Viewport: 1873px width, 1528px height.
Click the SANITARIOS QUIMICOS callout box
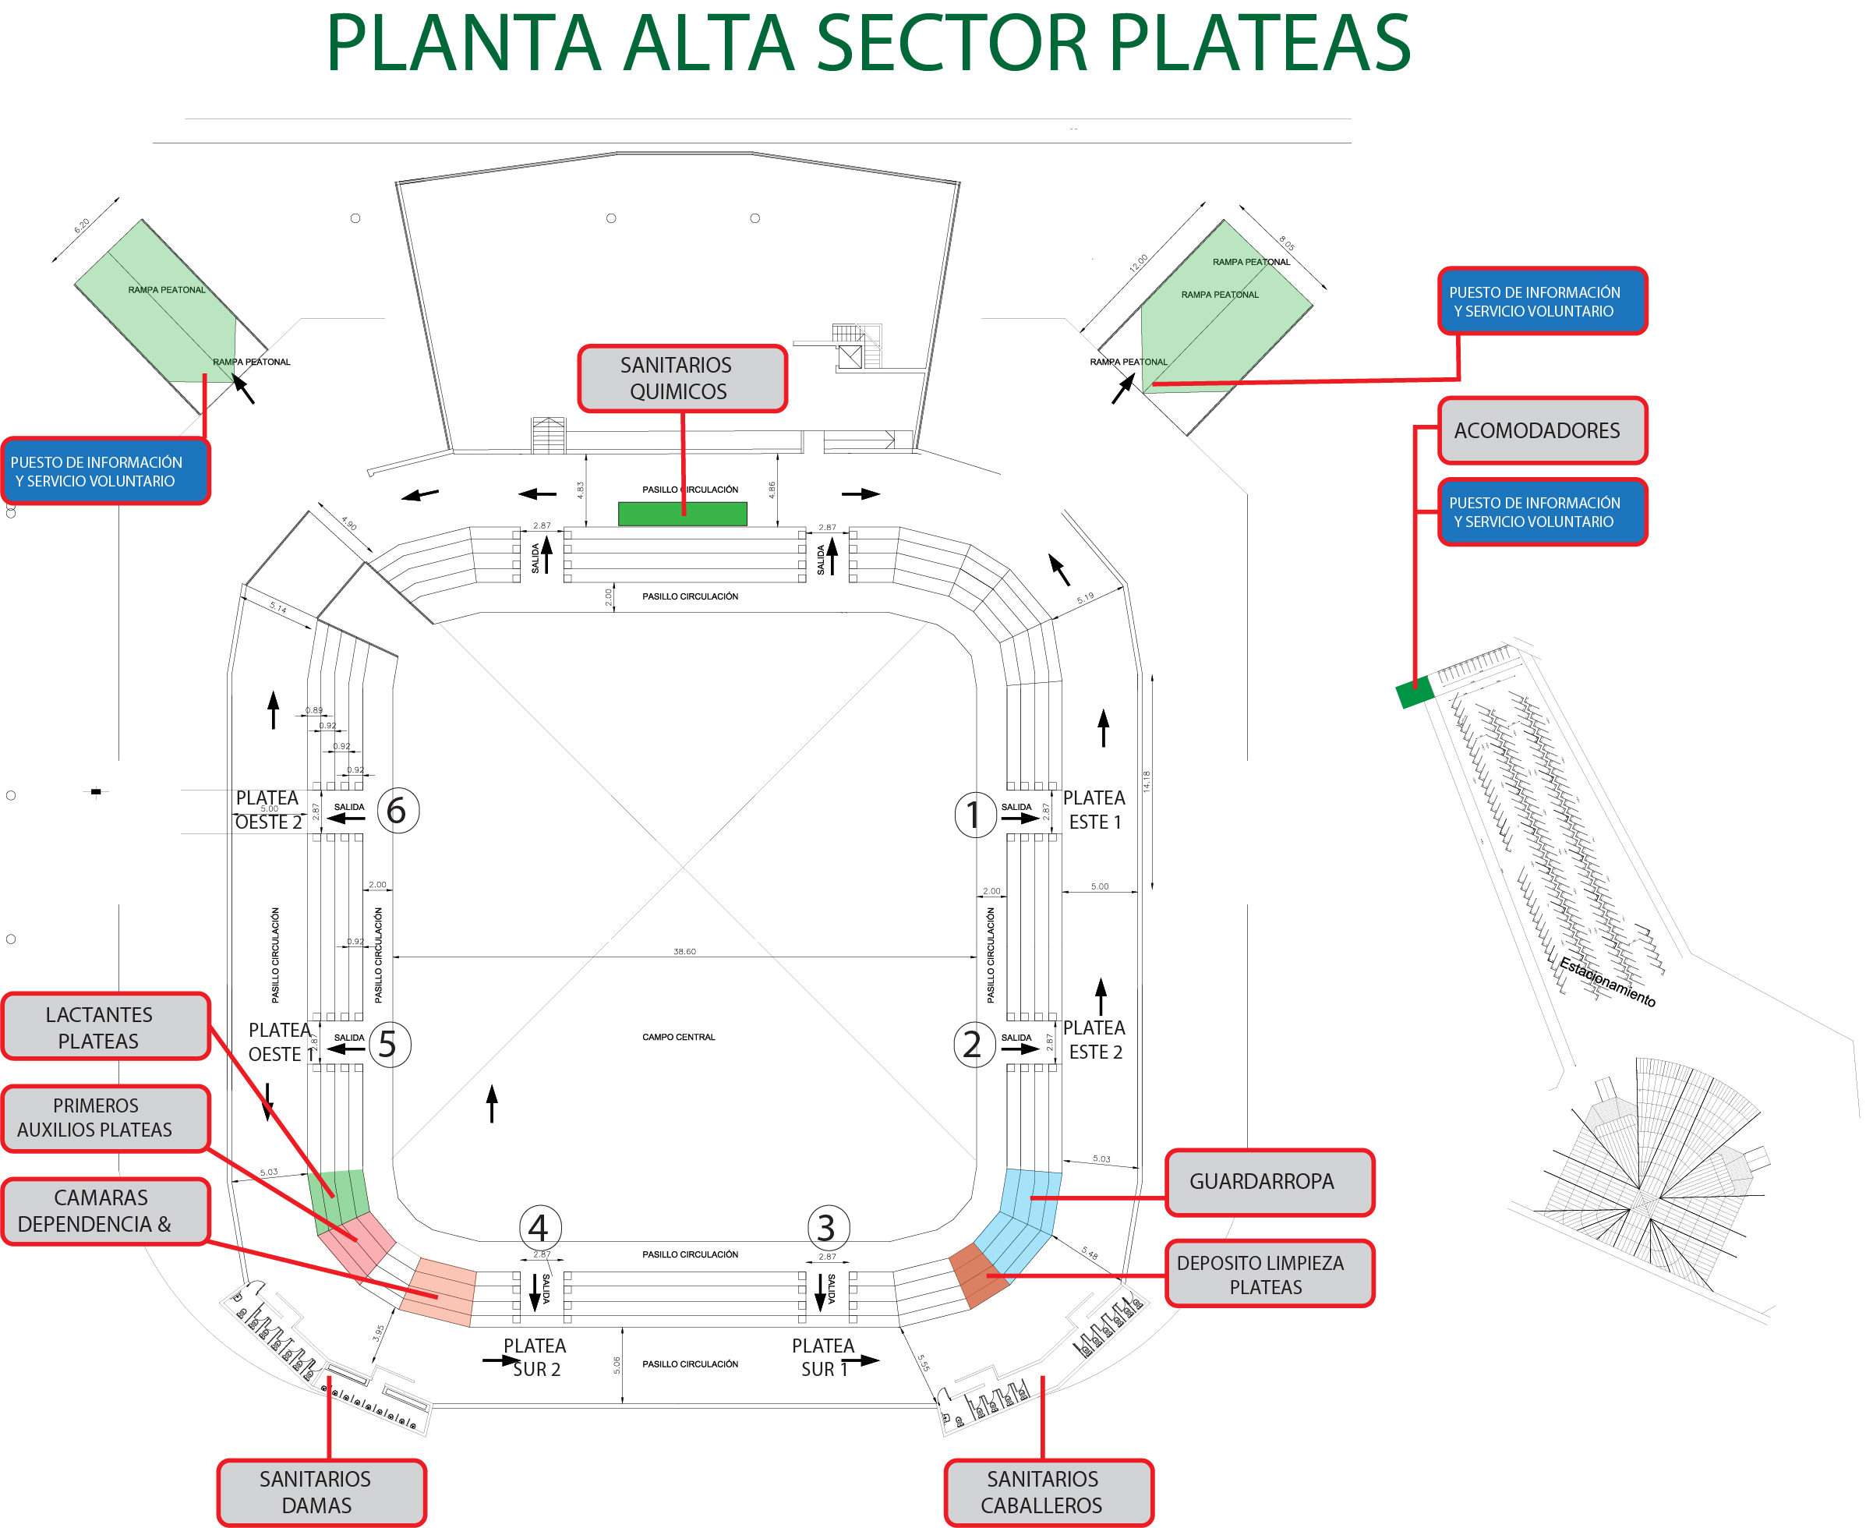pos(681,378)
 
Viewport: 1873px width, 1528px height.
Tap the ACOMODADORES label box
pos(1541,430)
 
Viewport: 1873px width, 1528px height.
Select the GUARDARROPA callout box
pos(1268,1182)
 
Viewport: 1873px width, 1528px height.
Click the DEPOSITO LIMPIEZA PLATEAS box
pos(1268,1274)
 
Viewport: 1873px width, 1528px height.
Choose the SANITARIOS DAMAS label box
pos(321,1492)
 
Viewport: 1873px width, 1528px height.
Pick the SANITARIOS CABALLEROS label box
pos(1048,1492)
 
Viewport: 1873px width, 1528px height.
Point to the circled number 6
pos(398,810)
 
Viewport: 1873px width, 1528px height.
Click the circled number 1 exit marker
pos(974,815)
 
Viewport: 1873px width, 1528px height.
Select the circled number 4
pos(539,1228)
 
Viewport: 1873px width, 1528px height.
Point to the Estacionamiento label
pos(1607,982)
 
